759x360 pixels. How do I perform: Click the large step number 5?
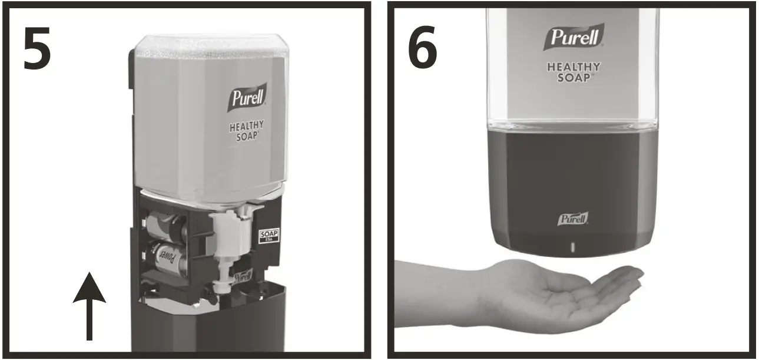click(x=37, y=48)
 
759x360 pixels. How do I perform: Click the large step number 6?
click(x=422, y=48)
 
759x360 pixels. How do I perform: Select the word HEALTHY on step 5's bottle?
click(x=247, y=125)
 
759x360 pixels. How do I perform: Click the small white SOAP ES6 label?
click(x=269, y=237)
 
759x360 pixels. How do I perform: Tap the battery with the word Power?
click(x=167, y=259)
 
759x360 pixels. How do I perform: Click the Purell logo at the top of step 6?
click(x=574, y=38)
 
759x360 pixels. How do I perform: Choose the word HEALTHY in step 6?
click(x=574, y=67)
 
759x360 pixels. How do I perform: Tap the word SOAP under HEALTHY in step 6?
click(x=573, y=77)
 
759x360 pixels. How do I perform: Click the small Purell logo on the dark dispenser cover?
click(x=573, y=219)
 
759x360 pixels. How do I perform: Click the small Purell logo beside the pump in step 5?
click(x=242, y=276)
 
